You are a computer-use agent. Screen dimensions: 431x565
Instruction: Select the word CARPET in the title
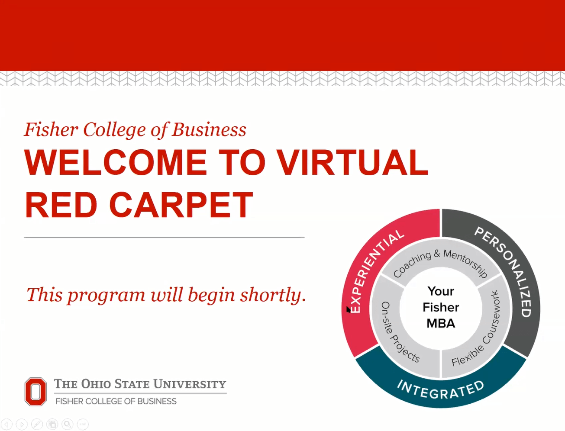click(181, 205)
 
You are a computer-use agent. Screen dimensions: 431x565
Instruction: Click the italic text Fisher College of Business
click(135, 130)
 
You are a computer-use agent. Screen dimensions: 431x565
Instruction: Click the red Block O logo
click(36, 392)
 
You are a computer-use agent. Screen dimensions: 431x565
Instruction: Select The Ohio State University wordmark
click(140, 384)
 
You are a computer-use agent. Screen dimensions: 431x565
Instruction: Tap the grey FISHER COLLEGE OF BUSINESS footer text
click(116, 402)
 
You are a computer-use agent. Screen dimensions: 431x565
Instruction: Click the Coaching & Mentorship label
click(440, 263)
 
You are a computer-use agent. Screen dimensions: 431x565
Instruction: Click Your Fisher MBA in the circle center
click(441, 307)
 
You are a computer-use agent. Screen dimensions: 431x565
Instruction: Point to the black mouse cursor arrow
click(348, 309)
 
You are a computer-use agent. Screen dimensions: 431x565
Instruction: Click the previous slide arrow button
click(6, 425)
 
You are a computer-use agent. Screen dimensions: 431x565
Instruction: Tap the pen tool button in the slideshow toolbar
click(37, 425)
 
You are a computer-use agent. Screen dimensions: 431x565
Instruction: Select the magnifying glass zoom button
click(67, 425)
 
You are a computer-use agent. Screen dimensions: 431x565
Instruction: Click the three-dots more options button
click(83, 425)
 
